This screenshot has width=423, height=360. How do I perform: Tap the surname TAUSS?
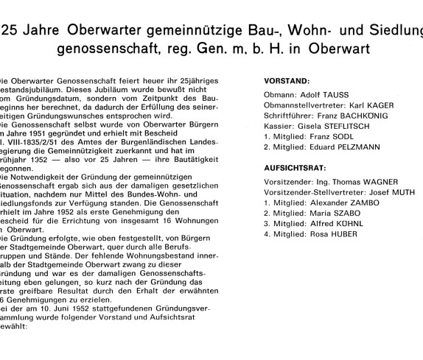335,94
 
